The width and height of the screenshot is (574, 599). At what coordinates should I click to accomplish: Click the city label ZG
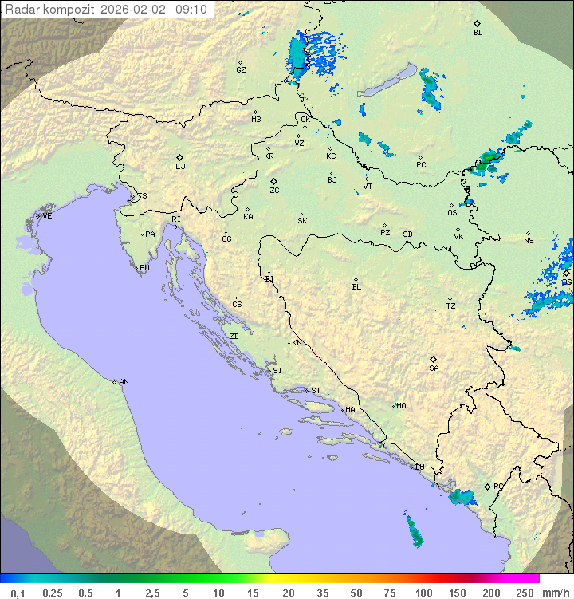(x=274, y=191)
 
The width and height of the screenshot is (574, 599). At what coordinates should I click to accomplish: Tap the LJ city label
(x=180, y=167)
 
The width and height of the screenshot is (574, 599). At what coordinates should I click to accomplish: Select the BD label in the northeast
(x=478, y=33)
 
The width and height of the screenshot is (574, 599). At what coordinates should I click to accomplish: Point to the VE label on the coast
(x=47, y=216)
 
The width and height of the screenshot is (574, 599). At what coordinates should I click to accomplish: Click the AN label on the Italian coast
(x=124, y=382)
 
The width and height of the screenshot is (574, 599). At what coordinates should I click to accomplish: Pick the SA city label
(x=434, y=368)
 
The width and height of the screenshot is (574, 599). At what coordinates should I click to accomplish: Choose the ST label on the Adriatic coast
(x=316, y=391)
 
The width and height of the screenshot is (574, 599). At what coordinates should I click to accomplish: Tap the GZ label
(x=241, y=70)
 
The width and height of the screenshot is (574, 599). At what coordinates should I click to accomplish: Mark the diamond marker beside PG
(x=488, y=487)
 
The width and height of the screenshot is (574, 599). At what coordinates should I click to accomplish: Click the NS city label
(x=529, y=241)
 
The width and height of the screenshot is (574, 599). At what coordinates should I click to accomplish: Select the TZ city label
(x=451, y=306)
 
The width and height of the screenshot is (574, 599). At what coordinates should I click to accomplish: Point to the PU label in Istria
(x=144, y=268)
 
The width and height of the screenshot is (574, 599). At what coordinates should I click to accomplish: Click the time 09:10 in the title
(x=192, y=10)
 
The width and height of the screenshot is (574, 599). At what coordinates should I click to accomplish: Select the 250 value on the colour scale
(x=525, y=593)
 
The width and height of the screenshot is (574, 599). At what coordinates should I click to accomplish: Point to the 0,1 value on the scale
(x=18, y=593)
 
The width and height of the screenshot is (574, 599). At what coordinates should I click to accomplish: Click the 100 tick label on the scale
(x=423, y=593)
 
